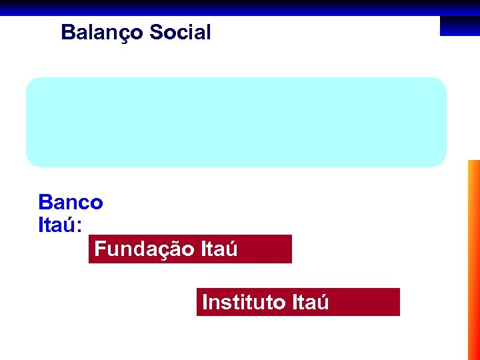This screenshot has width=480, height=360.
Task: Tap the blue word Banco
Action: coord(71,202)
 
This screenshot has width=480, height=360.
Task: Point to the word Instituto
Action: coord(244,303)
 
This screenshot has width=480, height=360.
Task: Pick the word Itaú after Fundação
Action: coord(218,249)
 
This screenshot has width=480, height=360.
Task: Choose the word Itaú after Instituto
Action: coord(310,303)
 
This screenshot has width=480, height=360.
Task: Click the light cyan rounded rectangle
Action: coord(236,121)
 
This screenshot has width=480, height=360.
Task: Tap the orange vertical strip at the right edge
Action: coord(473,260)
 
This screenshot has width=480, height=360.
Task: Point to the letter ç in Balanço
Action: coord(120,33)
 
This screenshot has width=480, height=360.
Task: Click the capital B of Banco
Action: coord(45,202)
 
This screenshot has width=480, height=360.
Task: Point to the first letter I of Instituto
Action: coord(205,303)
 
